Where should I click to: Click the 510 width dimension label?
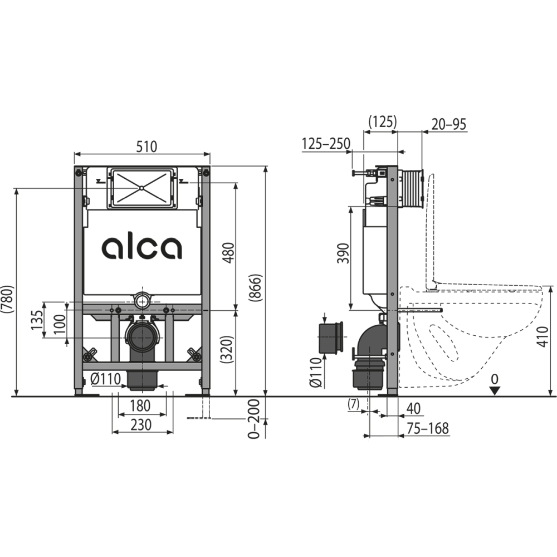(x=146, y=146)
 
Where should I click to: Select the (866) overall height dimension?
(x=256, y=288)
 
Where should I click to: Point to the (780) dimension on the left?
(x=7, y=299)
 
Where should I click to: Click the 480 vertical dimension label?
(x=229, y=252)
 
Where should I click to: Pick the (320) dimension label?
(x=227, y=349)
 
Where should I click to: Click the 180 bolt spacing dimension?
(x=140, y=405)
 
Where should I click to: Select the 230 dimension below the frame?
(x=141, y=425)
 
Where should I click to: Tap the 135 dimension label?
(x=37, y=320)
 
